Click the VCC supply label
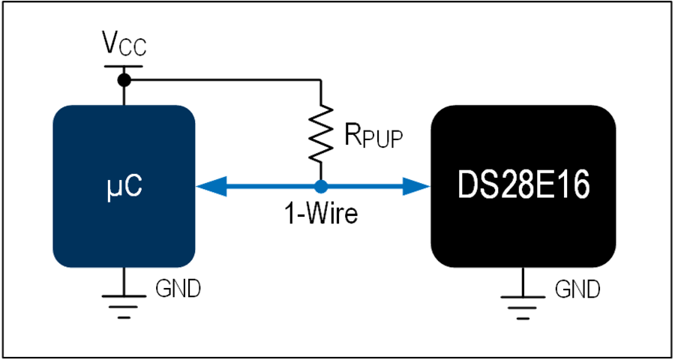tap(124, 44)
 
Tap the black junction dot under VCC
tap(124, 79)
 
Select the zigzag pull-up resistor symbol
tap(321, 134)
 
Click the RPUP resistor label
tap(374, 137)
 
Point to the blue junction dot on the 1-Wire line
tap(321, 187)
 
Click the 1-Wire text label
tap(321, 214)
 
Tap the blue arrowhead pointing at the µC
tap(211, 187)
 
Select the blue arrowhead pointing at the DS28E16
tap(415, 187)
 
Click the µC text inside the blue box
tap(124, 187)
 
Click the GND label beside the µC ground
tap(178, 289)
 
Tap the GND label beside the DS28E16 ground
tap(577, 289)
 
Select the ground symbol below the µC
tap(124, 307)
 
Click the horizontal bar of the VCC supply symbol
tap(124, 66)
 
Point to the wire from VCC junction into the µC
tap(124, 95)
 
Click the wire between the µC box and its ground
tap(124, 281)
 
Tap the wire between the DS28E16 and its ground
tap(523, 282)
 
